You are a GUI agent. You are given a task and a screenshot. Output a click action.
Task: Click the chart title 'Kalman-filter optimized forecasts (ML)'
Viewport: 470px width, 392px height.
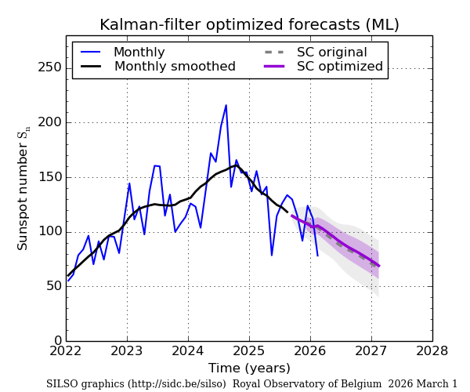click(249, 24)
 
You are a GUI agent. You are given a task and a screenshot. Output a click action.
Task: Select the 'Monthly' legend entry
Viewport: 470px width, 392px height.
click(139, 53)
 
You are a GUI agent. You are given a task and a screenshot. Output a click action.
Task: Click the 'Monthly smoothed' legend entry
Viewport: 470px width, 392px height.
click(174, 67)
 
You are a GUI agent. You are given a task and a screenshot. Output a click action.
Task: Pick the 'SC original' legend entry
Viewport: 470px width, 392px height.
click(331, 53)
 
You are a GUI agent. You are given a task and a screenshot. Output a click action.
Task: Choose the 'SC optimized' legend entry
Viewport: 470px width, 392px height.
click(339, 67)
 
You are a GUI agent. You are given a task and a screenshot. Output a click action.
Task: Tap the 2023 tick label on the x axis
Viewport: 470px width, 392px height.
click(127, 350)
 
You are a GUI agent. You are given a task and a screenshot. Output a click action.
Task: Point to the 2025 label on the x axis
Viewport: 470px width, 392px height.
click(249, 350)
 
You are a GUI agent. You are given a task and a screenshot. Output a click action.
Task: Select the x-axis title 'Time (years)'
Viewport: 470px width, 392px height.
click(249, 368)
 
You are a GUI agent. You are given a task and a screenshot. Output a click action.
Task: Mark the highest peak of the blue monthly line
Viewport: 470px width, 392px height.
click(226, 105)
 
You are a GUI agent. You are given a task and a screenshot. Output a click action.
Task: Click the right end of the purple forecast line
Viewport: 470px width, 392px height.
click(379, 266)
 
